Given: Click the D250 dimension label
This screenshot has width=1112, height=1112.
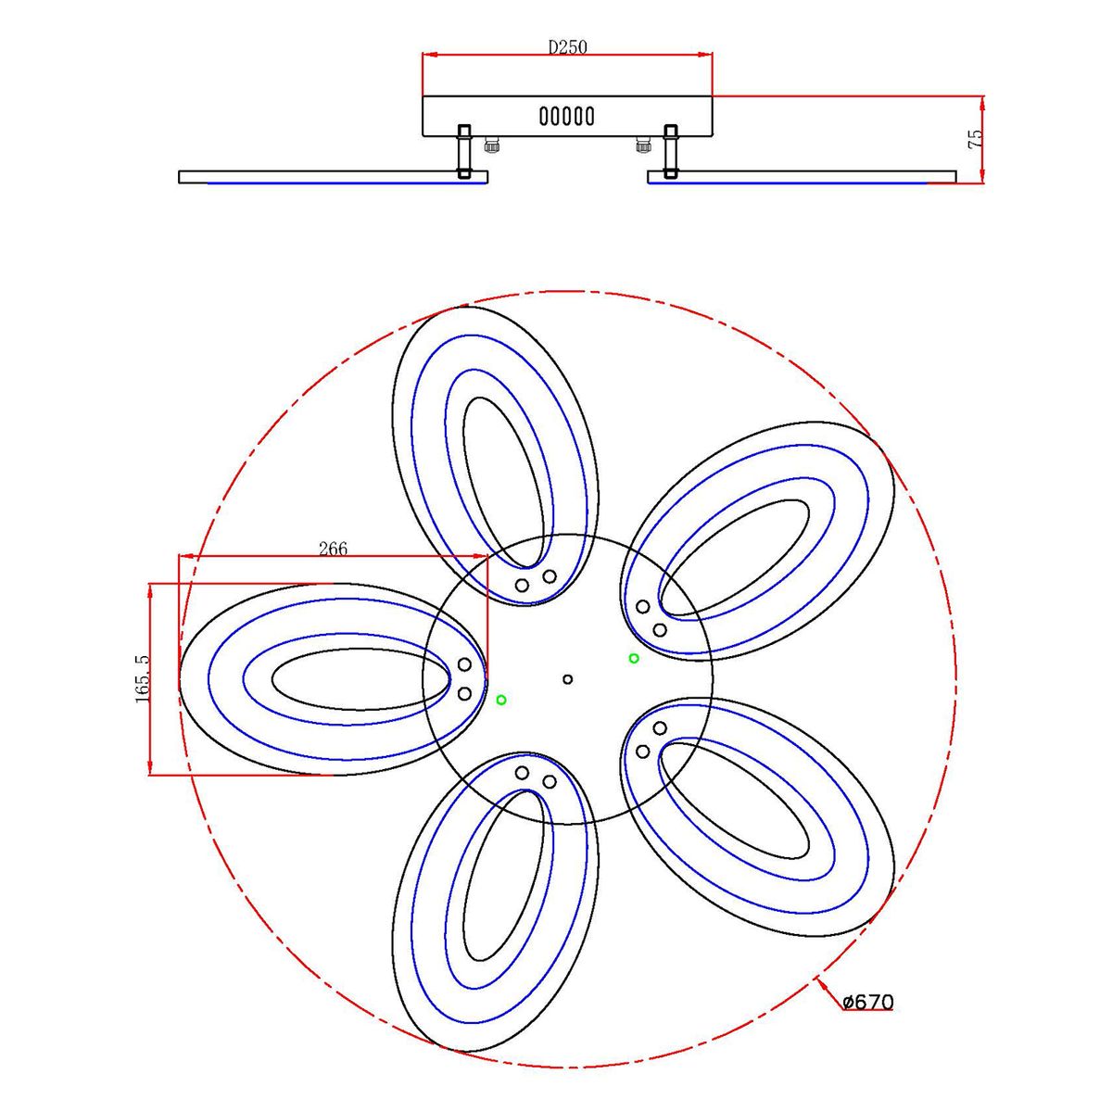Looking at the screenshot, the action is (x=567, y=46).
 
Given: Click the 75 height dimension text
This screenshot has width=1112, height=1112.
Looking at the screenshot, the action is (x=975, y=140).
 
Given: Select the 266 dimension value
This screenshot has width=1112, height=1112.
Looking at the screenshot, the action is (x=334, y=548).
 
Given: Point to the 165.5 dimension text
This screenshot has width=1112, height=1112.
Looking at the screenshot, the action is (x=142, y=678).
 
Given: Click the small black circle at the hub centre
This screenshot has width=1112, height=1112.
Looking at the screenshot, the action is (x=567, y=679).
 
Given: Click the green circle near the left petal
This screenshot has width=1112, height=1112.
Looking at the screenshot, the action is (x=501, y=700).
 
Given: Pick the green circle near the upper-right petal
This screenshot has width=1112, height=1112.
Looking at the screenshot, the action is (x=634, y=658).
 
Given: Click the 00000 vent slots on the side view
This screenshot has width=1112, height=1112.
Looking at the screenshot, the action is (x=567, y=117).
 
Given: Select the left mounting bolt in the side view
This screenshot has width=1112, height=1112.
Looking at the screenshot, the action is (x=464, y=151).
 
